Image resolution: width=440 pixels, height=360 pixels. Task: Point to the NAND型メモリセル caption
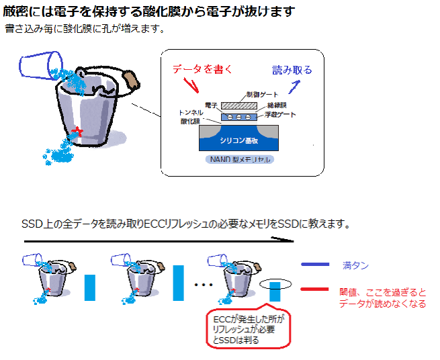pyautogui.click(x=240, y=161)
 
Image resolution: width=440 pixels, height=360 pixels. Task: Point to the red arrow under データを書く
pyautogui.click(x=192, y=85)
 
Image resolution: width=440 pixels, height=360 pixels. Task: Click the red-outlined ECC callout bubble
pyautogui.click(x=249, y=329)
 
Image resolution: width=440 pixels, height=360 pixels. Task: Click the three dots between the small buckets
pyautogui.click(x=202, y=285)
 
